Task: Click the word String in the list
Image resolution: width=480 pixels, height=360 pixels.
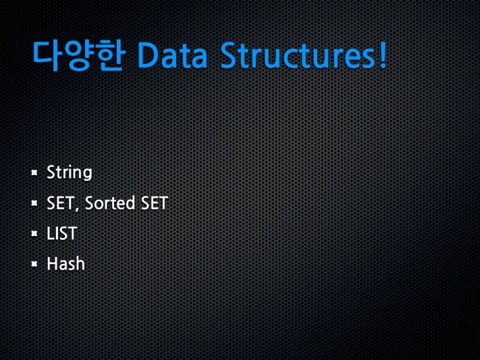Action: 69,173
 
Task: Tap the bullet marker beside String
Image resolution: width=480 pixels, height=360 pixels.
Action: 34,173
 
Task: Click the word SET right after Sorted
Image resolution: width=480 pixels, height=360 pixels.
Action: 154,204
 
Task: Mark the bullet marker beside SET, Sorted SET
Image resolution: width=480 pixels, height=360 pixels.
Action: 34,204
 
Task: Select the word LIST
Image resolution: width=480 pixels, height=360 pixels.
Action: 61,233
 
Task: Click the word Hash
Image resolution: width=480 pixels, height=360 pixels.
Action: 65,264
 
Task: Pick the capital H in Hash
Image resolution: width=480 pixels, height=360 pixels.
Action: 52,264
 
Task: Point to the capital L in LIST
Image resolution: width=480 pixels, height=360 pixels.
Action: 50,233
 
